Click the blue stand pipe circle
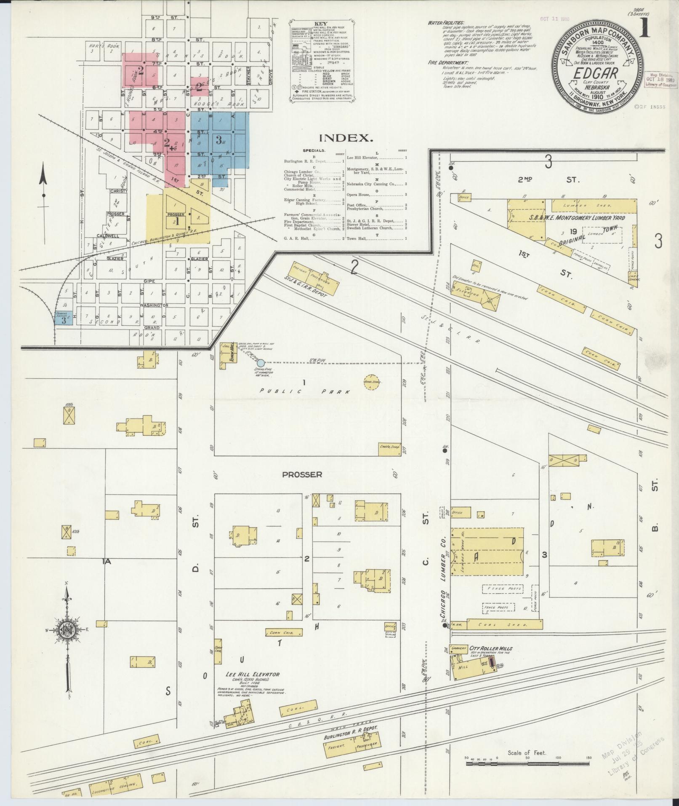261,363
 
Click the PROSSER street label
302,474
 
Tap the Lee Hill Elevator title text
252,675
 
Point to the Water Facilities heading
446,23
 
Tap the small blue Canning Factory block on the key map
63,317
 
